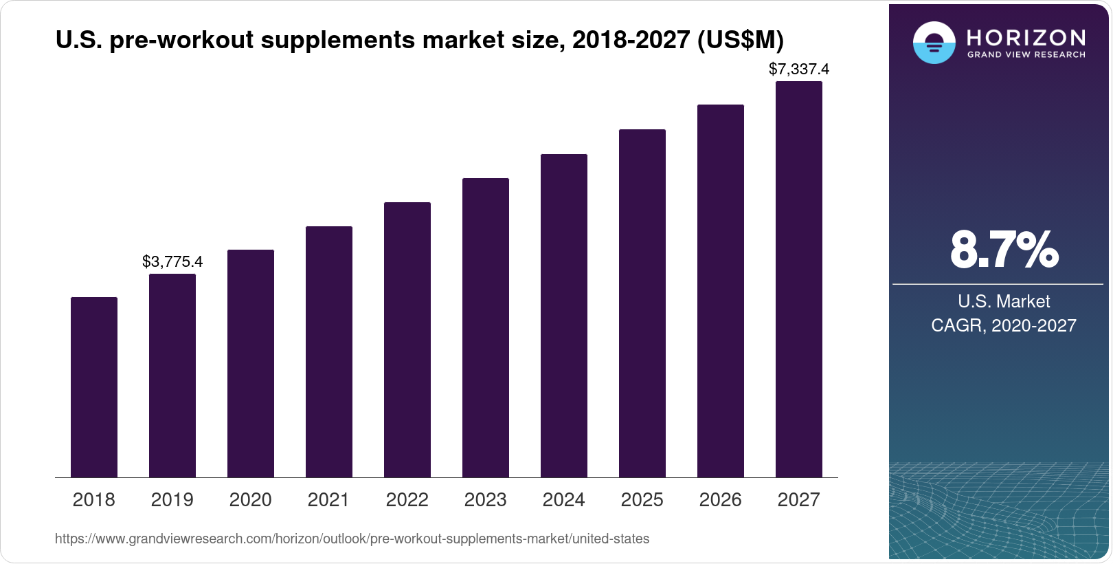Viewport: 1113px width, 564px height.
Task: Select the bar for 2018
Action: pyautogui.click(x=94, y=387)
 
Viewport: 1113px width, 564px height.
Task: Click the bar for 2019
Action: pyautogui.click(x=172, y=376)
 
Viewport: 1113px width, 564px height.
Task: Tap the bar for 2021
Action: pyautogui.click(x=329, y=351)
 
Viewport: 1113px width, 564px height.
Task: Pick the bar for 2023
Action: pyautogui.click(x=486, y=327)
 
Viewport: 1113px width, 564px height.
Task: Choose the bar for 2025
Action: pyautogui.click(x=642, y=303)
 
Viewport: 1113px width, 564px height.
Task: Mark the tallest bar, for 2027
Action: pyautogui.click(x=799, y=279)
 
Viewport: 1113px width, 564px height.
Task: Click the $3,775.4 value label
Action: pyautogui.click(x=172, y=261)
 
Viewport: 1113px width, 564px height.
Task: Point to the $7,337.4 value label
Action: pyautogui.click(x=799, y=69)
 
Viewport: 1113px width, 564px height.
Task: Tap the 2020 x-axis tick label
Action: pyautogui.click(x=251, y=499)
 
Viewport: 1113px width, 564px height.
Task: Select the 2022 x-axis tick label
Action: pyautogui.click(x=407, y=499)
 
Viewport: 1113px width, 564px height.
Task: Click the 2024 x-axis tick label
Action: pyautogui.click(x=564, y=499)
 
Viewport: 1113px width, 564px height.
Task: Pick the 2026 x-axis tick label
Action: pyautogui.click(x=721, y=499)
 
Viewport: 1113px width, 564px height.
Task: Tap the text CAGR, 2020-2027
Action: pyautogui.click(x=1004, y=325)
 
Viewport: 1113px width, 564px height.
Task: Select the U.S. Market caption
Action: pyautogui.click(x=1004, y=301)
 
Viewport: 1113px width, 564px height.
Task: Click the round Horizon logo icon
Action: pyautogui.click(x=934, y=43)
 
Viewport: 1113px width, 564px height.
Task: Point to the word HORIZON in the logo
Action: pyautogui.click(x=1026, y=37)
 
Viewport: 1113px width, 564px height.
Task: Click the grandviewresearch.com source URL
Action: pyautogui.click(x=352, y=539)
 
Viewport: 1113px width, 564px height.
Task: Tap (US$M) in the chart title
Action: pyautogui.click(x=740, y=41)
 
